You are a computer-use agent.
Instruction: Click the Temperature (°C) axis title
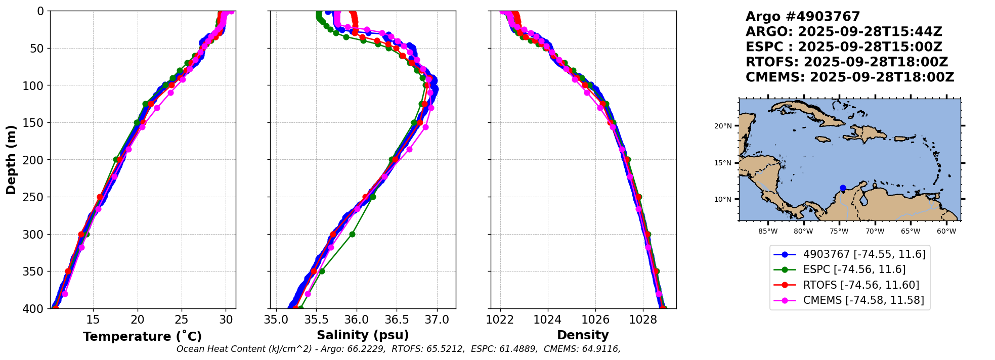tap(142, 337)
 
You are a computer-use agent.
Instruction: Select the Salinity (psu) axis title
tap(363, 335)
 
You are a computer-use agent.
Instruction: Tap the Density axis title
tap(583, 335)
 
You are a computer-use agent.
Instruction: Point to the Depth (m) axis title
tap(11, 160)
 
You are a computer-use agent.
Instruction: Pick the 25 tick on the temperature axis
tap(182, 320)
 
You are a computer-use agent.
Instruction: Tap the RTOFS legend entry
tap(861, 285)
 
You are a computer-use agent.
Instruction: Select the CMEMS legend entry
tap(863, 300)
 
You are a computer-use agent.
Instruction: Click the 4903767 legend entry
tap(864, 254)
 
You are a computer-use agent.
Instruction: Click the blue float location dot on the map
tap(843, 188)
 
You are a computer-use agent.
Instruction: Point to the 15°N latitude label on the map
tap(723, 163)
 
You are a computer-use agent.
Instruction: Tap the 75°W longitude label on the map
tap(839, 232)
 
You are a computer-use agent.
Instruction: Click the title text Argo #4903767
tap(802, 17)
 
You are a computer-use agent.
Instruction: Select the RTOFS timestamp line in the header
tap(846, 62)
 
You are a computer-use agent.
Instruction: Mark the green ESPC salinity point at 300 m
tap(352, 234)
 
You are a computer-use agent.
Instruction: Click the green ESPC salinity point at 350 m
tap(322, 271)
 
